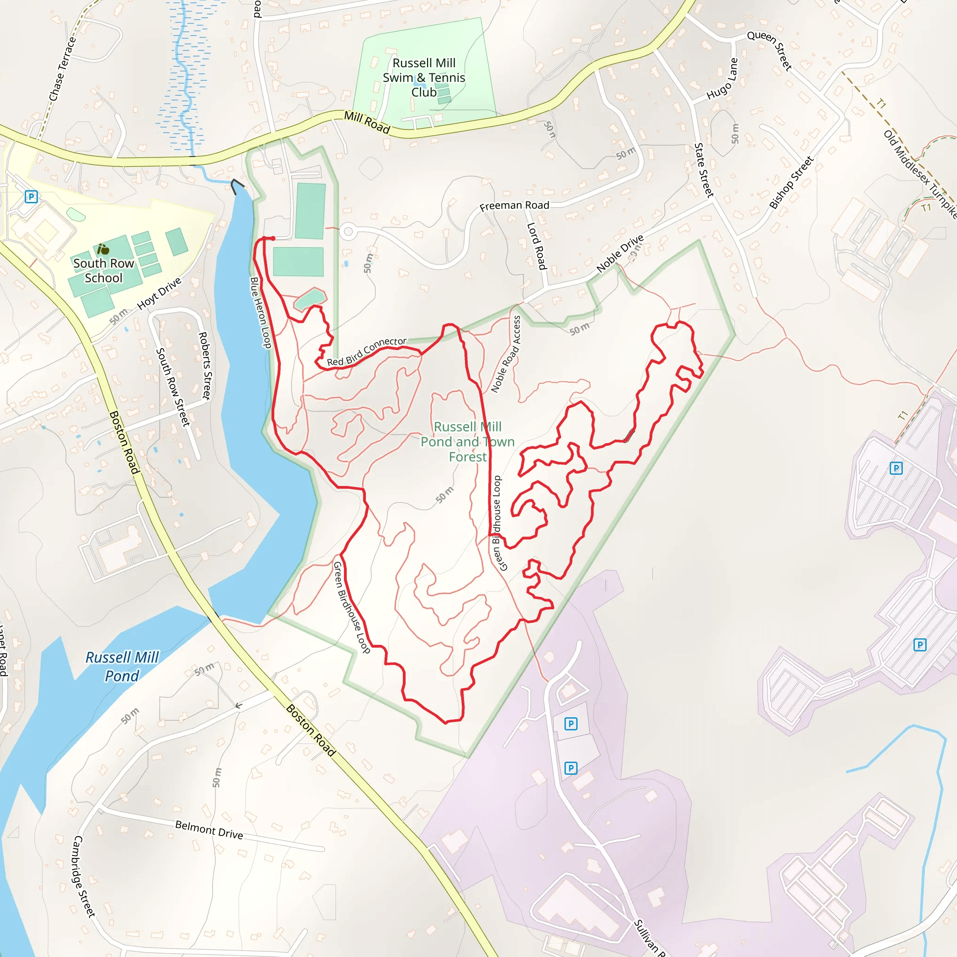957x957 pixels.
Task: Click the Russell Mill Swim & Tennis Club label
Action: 423,78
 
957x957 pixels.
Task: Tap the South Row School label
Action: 104,271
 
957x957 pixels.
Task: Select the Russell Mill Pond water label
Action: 122,666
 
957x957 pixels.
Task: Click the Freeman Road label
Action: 514,206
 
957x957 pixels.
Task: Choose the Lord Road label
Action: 536,246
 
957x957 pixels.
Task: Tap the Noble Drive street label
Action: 620,253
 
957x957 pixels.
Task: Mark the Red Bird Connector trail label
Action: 366,352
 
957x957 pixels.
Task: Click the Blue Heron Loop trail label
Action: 261,313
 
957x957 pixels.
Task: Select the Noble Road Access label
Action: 506,354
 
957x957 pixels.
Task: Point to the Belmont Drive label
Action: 209,830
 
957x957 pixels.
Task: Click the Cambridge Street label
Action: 84,876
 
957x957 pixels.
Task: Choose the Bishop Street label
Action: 791,183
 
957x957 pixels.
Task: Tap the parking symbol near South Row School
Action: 31,197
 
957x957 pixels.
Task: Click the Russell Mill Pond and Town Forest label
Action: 468,442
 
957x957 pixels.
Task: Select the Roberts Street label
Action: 205,365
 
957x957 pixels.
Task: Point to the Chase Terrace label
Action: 63,69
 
